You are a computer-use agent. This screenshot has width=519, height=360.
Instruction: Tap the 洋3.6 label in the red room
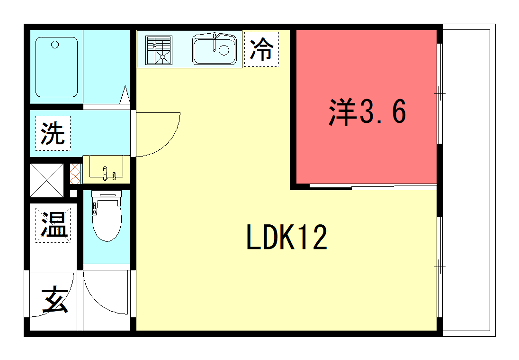click(366, 112)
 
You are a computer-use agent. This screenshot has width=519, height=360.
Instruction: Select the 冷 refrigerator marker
click(262, 49)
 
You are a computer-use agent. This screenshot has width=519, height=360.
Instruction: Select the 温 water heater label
click(53, 225)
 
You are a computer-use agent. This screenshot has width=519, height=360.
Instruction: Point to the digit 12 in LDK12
click(309, 238)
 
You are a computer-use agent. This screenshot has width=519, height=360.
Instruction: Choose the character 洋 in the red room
click(342, 112)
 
